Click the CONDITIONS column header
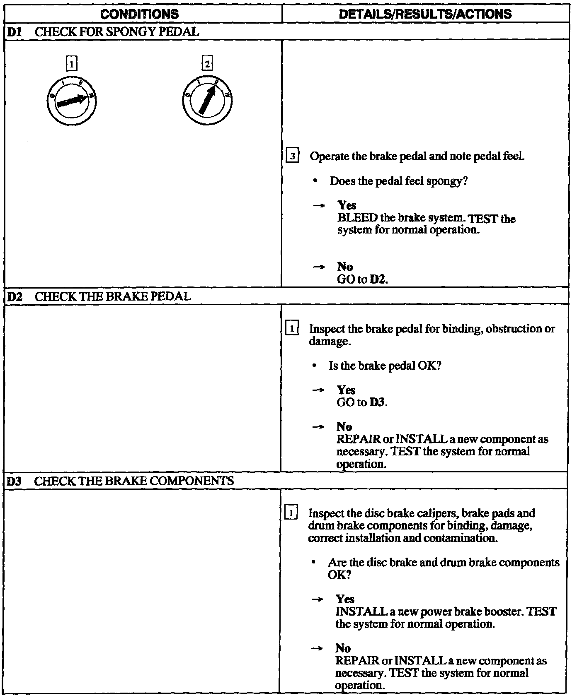(140, 14)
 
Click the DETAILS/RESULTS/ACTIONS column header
(425, 14)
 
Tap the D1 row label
(14, 32)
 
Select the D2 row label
(15, 296)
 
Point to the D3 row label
(15, 481)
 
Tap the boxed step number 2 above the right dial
(207, 64)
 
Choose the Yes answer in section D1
(347, 205)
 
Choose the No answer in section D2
(344, 427)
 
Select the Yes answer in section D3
(345, 599)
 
